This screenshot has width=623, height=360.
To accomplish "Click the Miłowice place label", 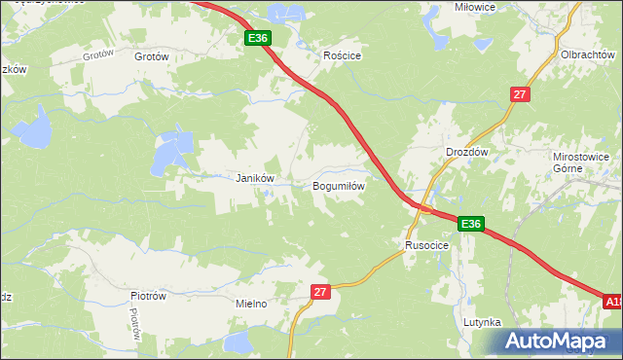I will pyautogui.click(x=448, y=7).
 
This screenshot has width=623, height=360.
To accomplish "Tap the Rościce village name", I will pyautogui.click(x=343, y=56).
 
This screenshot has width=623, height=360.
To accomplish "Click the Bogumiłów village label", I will pyautogui.click(x=339, y=185).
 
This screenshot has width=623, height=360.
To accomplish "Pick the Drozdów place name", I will pyautogui.click(x=465, y=153).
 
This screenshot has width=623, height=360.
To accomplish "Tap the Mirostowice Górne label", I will pyautogui.click(x=580, y=162).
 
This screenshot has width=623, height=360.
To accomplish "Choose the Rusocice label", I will pyautogui.click(x=426, y=245).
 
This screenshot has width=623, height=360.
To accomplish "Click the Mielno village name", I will pyautogui.click(x=251, y=304).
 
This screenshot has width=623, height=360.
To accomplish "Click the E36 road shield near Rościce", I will pyautogui.click(x=257, y=38).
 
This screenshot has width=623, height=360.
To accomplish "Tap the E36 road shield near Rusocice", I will pyautogui.click(x=471, y=224).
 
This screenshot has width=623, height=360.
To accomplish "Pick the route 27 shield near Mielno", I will pyautogui.click(x=322, y=291).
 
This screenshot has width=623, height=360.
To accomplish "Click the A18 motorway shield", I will pyautogui.click(x=612, y=303).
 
